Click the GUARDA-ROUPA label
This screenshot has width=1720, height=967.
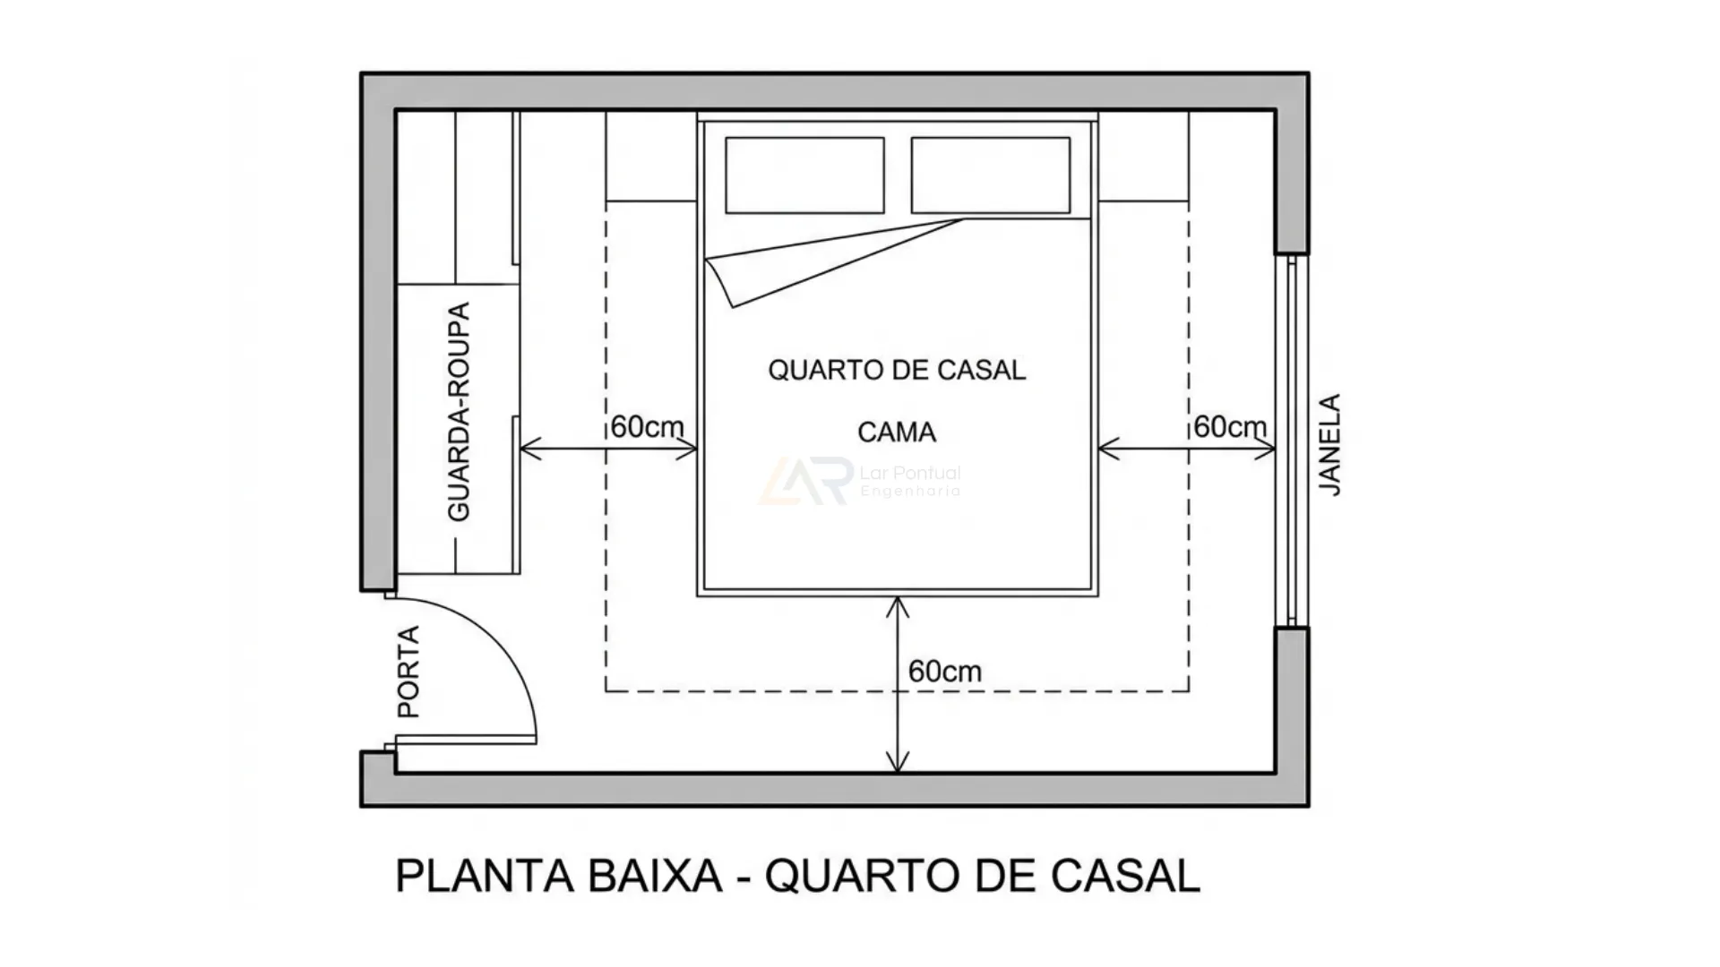[459, 412]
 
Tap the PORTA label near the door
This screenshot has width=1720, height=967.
[408, 672]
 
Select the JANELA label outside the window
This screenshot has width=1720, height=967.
[1331, 445]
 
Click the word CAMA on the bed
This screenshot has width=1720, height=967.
[897, 432]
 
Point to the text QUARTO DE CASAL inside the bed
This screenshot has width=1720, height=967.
[897, 370]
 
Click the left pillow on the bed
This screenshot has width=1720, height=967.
[804, 175]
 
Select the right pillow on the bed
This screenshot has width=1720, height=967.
[991, 175]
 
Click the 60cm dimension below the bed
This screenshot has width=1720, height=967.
[944, 672]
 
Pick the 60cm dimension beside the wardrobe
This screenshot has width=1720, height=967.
[647, 427]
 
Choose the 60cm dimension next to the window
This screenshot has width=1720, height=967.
[1230, 427]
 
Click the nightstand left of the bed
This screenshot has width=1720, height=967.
[651, 156]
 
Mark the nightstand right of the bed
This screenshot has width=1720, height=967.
[1144, 156]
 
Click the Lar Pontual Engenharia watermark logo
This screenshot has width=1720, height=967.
[806, 482]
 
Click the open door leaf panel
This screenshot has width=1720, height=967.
[466, 740]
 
